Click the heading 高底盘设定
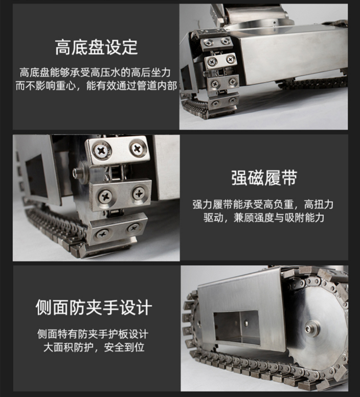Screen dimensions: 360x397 [x=96, y=48]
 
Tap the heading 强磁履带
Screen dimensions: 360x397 [x=264, y=178]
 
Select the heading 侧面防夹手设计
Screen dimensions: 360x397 [x=94, y=308]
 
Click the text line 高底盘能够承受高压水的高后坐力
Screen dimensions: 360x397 [x=95, y=73]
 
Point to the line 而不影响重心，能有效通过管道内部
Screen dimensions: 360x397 [x=96, y=86]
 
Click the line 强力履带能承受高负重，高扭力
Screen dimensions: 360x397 [x=263, y=204]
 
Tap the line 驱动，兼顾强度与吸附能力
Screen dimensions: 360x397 [x=264, y=218]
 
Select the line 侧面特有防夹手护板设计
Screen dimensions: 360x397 [x=93, y=334]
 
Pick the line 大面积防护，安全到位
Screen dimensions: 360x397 [x=94, y=347]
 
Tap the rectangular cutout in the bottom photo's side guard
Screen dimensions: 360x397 [x=237, y=328]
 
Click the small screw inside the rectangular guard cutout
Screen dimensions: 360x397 [x=246, y=322]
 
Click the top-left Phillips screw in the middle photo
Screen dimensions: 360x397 [x=102, y=151]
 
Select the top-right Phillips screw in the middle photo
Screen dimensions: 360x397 [x=138, y=148]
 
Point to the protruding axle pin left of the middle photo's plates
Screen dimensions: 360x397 [x=80, y=173]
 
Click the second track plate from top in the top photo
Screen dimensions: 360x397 [x=221, y=60]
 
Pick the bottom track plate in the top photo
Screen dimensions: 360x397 [x=223, y=102]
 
